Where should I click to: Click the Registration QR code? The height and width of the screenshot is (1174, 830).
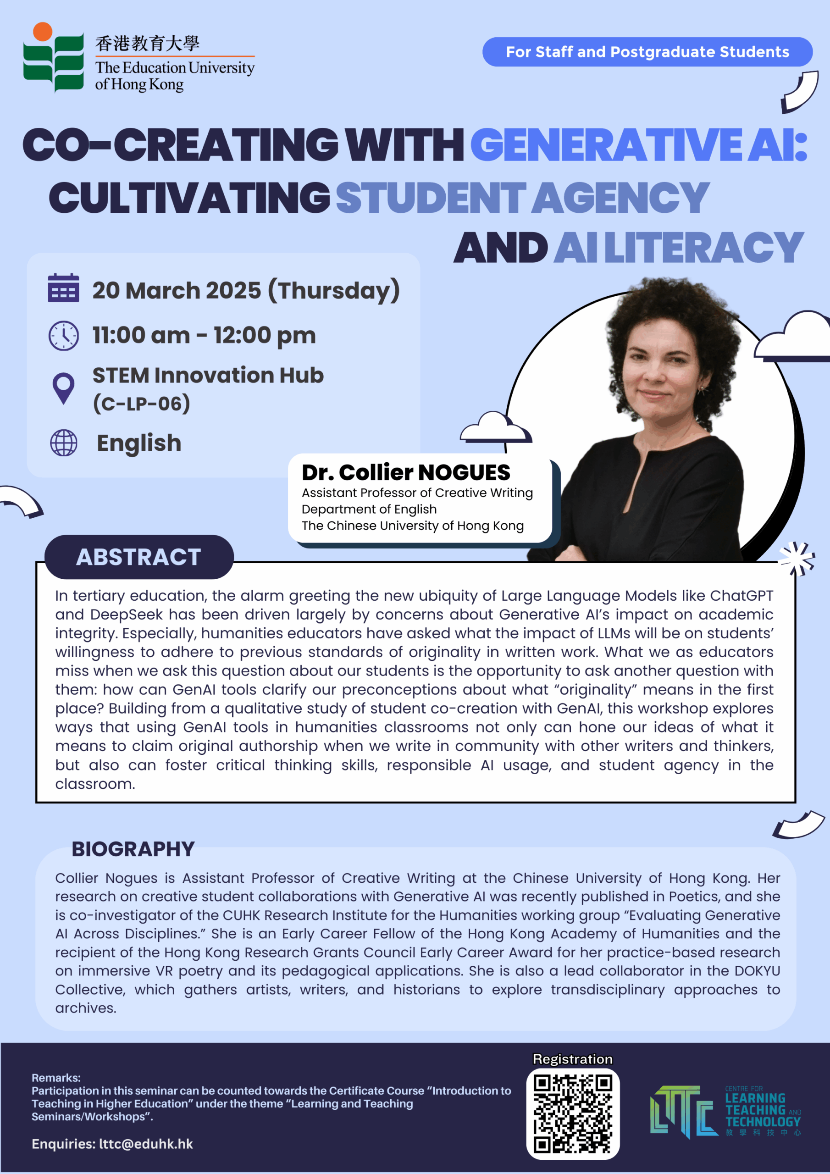[572, 1113]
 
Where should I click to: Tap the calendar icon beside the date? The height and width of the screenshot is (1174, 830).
[63, 288]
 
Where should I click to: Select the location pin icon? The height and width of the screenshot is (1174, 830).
[63, 388]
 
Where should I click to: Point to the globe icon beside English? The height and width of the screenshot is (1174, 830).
[63, 443]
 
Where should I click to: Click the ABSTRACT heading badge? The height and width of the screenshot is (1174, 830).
[138, 557]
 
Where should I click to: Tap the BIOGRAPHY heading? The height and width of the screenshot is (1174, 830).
[133, 849]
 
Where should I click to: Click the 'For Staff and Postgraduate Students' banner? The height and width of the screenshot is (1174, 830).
[647, 52]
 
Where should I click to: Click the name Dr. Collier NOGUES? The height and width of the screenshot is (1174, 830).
[405, 472]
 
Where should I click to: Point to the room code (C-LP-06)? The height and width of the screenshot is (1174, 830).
[142, 404]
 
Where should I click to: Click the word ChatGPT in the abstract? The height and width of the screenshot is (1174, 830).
[741, 596]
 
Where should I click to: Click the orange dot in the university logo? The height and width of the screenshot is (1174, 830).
[43, 32]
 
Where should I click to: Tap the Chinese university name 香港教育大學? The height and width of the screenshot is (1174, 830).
[147, 44]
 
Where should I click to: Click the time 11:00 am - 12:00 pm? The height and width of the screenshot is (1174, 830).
[204, 335]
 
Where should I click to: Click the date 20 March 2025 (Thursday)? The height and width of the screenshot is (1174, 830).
[245, 290]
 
